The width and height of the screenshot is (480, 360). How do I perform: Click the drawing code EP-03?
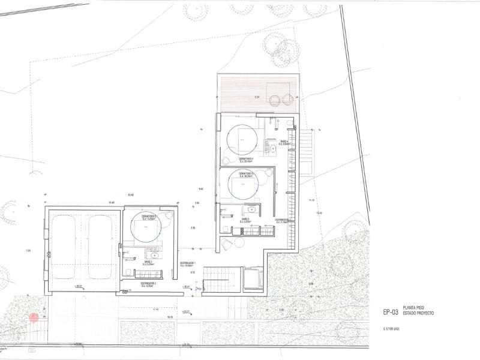[x=390, y=311]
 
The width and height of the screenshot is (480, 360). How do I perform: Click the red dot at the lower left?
[x=34, y=317]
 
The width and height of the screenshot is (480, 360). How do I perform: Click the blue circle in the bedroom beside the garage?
[x=148, y=227]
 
